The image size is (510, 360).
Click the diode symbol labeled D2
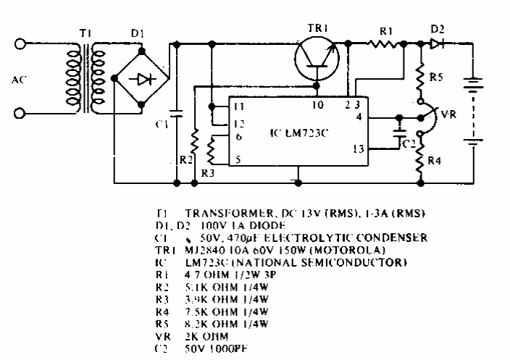tap(437, 44)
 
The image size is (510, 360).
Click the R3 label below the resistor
tap(208, 172)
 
